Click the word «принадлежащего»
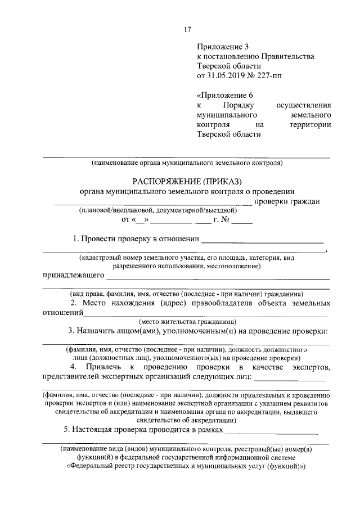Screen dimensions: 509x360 (x=73, y=276)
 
